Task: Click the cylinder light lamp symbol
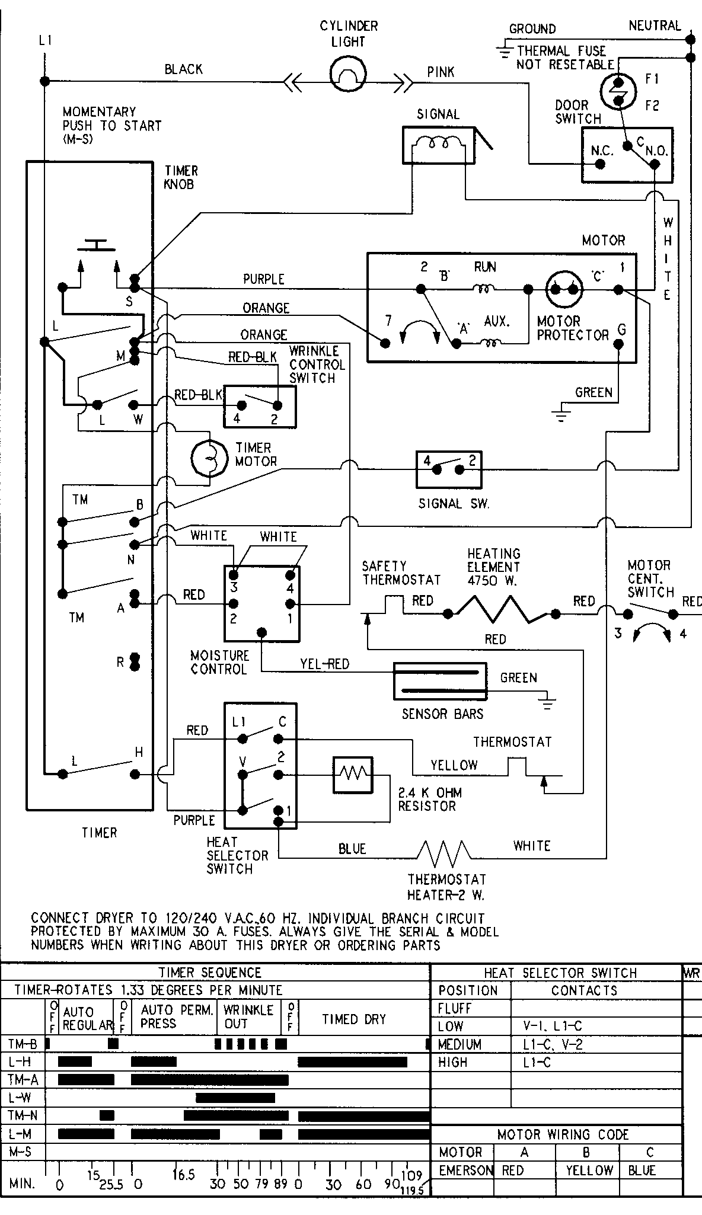coord(348,75)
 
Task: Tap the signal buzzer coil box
coord(438,144)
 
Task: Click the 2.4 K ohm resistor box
coord(353,774)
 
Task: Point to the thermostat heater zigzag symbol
coord(444,854)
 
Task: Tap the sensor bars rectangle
coord(440,680)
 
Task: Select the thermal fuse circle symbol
coord(618,91)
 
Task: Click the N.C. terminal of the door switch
coord(600,164)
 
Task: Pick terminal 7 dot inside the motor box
coord(386,343)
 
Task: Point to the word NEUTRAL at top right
coord(655,25)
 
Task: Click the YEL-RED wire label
coord(324,664)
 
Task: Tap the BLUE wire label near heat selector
coord(352,849)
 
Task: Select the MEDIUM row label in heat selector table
coord(460,1044)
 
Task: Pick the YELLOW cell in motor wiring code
coord(589,1171)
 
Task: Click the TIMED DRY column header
coord(353,1019)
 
